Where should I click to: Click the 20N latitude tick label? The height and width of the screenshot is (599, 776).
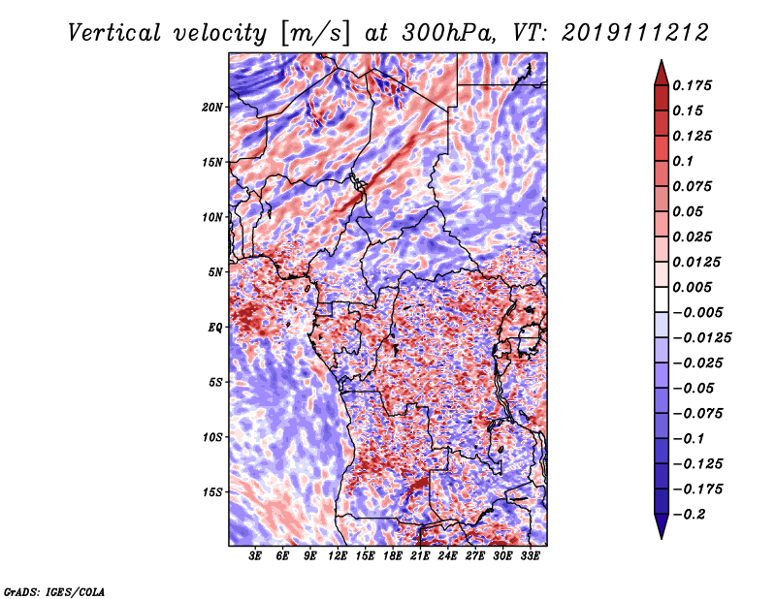pyautogui.click(x=212, y=107)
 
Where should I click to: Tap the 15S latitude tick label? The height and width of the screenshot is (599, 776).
pyautogui.click(x=212, y=492)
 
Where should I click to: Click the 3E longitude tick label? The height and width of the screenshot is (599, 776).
pyautogui.click(x=256, y=556)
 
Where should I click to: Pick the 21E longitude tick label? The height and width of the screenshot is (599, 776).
pyautogui.click(x=421, y=556)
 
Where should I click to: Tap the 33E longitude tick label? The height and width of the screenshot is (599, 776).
pyautogui.click(x=531, y=556)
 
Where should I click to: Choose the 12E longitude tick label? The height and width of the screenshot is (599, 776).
pyautogui.click(x=339, y=556)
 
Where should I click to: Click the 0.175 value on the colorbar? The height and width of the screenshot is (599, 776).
pyautogui.click(x=695, y=85)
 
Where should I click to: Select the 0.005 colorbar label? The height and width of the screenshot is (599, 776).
pyautogui.click(x=695, y=287)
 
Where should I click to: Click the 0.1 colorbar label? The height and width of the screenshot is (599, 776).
pyautogui.click(x=687, y=161)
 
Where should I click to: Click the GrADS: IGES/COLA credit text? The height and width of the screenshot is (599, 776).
pyautogui.click(x=53, y=590)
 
